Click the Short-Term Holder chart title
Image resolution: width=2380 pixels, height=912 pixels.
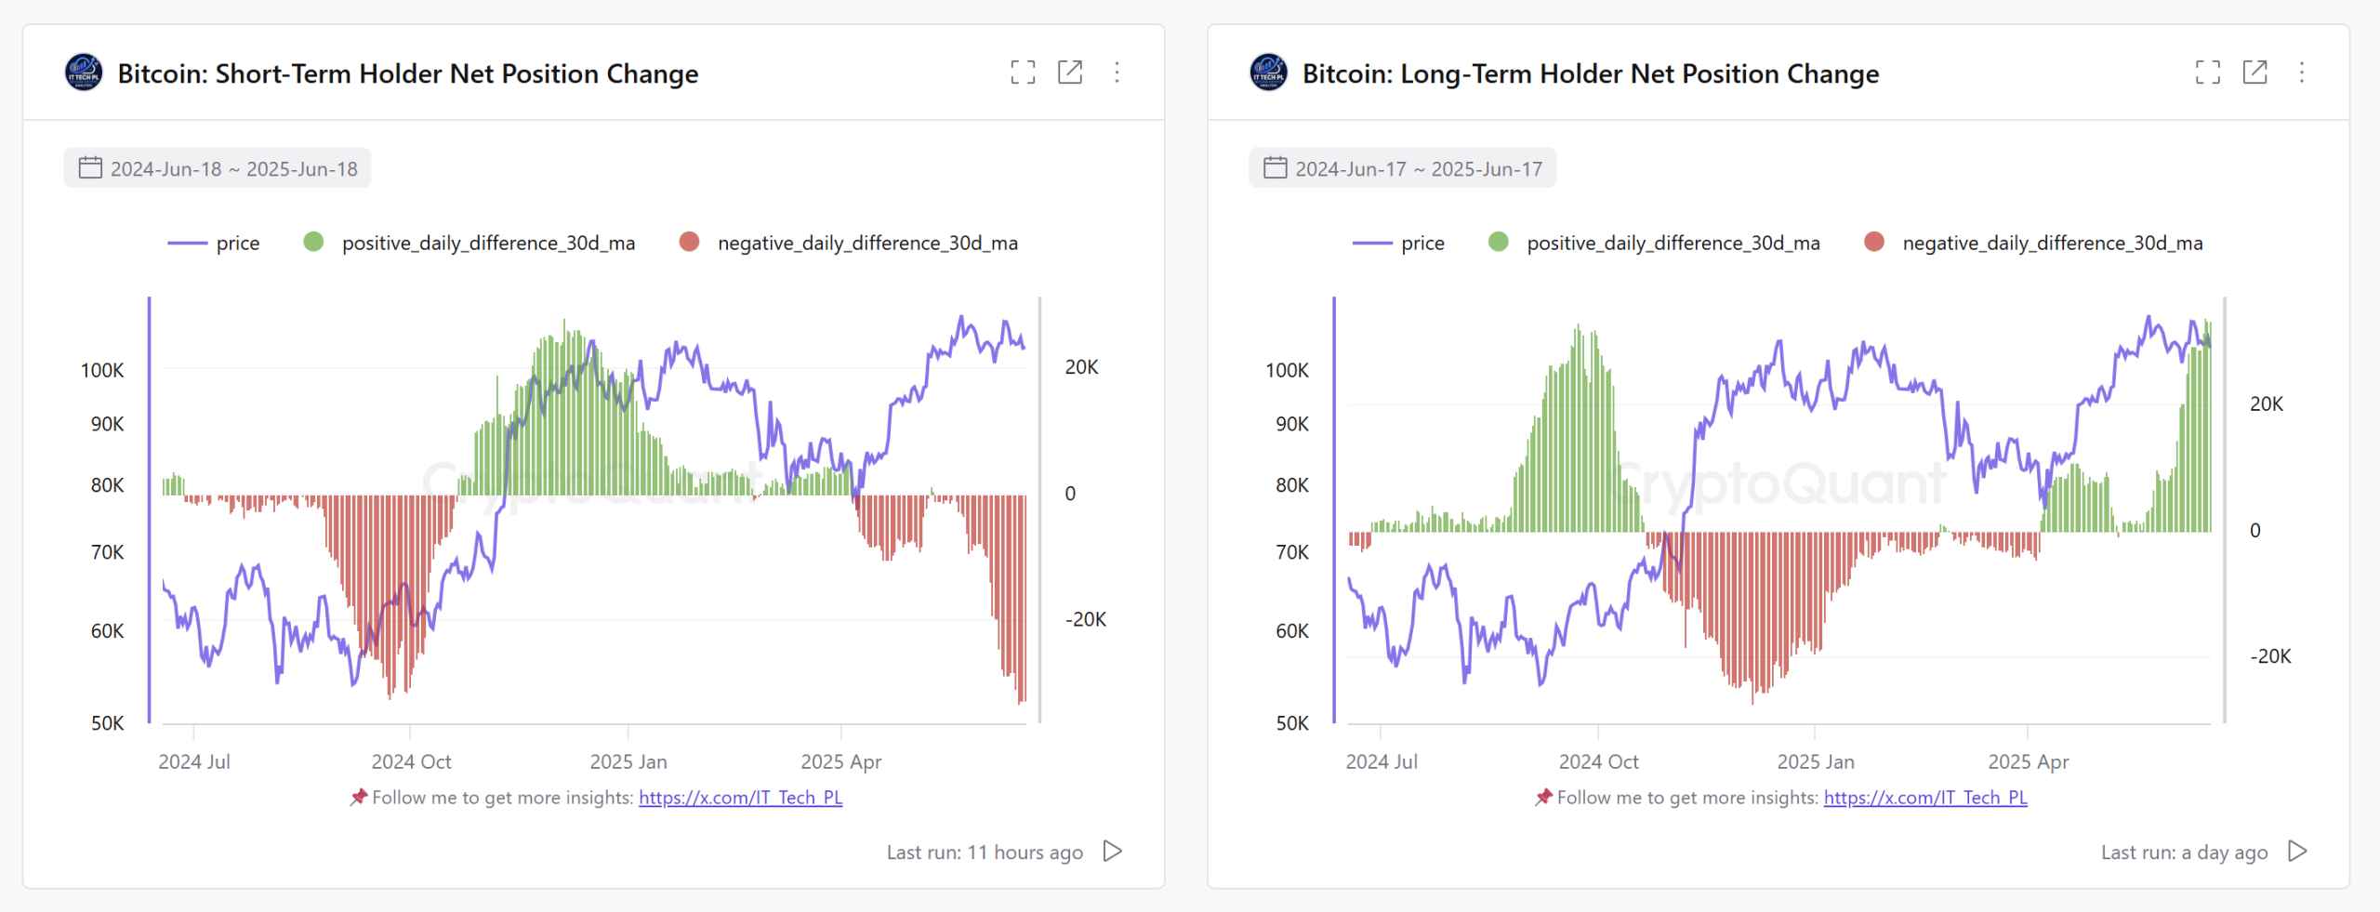click(x=407, y=73)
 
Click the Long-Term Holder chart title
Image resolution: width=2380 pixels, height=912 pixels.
click(x=1590, y=73)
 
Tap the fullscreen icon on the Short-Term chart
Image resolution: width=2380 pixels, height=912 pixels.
click(x=1023, y=73)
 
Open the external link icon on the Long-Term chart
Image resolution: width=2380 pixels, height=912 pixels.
click(x=2254, y=73)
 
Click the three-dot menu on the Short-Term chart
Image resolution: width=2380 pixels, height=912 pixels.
click(x=1117, y=73)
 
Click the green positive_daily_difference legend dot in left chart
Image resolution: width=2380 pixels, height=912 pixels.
click(x=313, y=242)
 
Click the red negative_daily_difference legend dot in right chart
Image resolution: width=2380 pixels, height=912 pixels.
click(x=1874, y=242)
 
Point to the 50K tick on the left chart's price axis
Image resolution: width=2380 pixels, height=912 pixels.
click(x=107, y=723)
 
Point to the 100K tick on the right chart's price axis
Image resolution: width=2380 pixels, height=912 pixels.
click(x=1287, y=370)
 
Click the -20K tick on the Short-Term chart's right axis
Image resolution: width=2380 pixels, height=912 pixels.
click(x=1085, y=619)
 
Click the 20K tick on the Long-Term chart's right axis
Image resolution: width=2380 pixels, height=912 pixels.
click(x=2266, y=403)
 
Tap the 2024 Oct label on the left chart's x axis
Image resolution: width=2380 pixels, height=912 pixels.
click(x=411, y=761)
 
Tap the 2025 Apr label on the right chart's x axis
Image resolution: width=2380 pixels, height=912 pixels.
click(x=2028, y=761)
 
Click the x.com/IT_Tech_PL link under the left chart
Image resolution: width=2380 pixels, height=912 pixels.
click(x=740, y=798)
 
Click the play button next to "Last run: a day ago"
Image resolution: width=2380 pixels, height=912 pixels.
click(x=2297, y=852)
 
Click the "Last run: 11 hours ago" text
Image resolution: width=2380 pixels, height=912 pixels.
click(x=984, y=853)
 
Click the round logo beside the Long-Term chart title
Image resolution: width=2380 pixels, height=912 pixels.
click(x=1268, y=73)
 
